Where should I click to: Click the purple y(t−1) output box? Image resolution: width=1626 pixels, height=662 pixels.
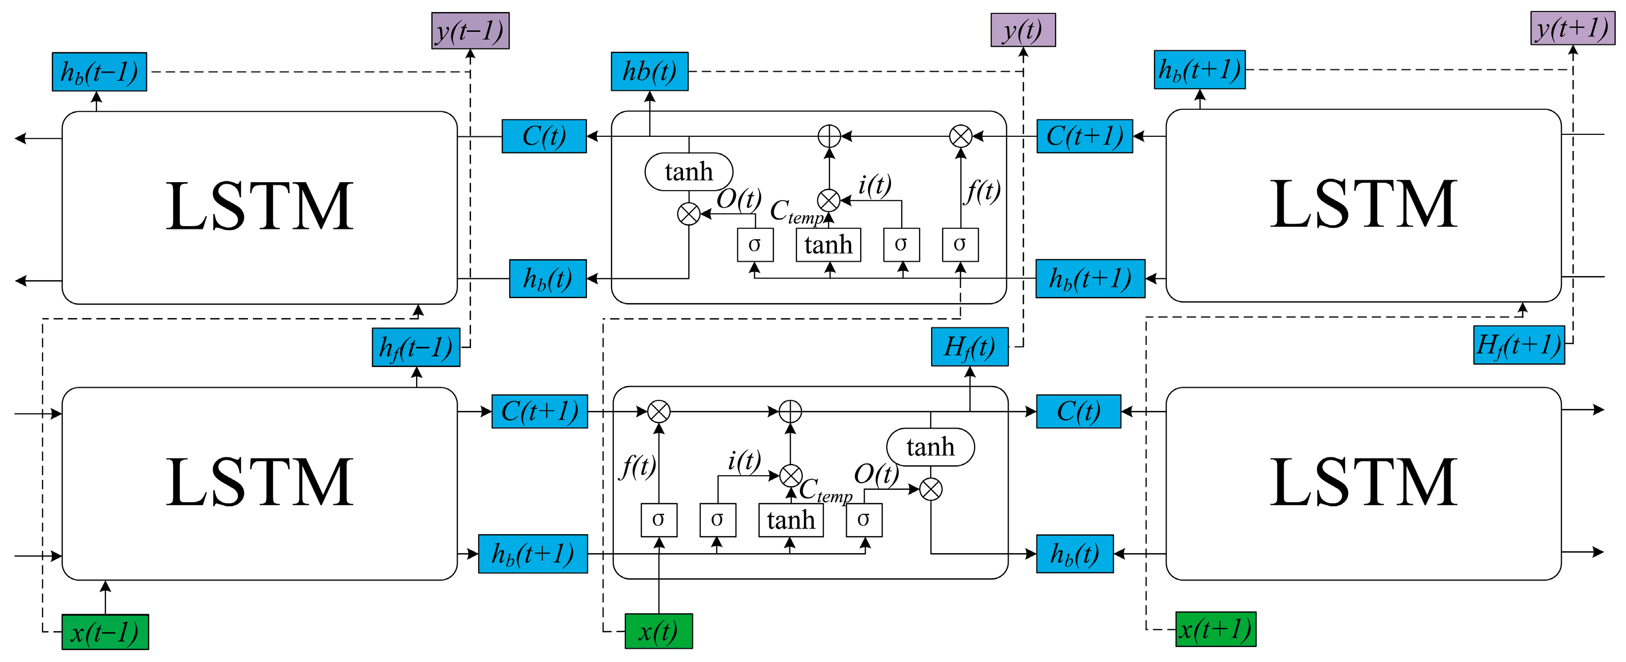point(470,31)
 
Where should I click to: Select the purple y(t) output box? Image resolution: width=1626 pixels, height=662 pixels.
point(1023,30)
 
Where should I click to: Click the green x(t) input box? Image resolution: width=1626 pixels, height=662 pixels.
point(658,631)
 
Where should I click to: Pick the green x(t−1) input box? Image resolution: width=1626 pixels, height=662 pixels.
point(105,632)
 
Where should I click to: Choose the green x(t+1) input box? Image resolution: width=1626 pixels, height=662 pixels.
point(1215,629)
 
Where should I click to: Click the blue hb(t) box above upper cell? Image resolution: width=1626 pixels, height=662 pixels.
point(649,71)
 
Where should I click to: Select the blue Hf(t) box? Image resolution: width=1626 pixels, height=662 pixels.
point(970,346)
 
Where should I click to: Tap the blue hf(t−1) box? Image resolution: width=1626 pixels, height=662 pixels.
point(416,347)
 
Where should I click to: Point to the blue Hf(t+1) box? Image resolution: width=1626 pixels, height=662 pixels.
point(1519,344)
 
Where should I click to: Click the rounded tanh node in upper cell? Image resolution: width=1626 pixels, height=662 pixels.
point(689,172)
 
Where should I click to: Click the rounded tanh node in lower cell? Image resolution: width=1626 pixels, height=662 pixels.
point(931,447)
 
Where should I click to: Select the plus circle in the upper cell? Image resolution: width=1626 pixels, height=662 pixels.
point(829,136)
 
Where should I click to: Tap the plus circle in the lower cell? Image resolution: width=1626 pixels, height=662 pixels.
point(790,411)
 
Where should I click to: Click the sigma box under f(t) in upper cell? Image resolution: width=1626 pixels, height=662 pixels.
point(960,245)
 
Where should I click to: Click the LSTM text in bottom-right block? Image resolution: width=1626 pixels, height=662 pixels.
point(1363,482)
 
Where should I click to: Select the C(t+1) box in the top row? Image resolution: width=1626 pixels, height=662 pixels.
point(1084,136)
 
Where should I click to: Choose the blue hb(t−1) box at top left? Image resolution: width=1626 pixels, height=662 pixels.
point(99,72)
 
